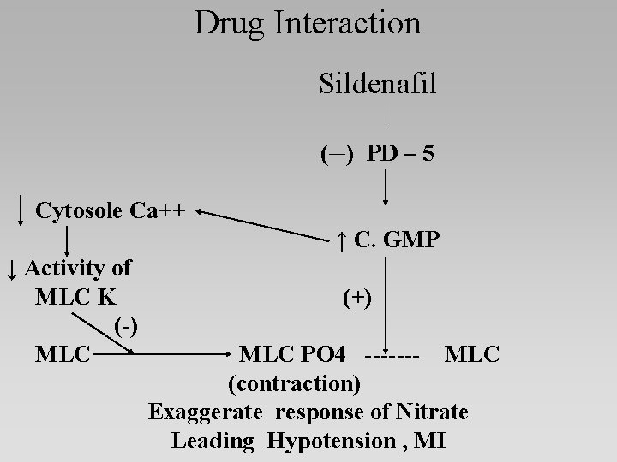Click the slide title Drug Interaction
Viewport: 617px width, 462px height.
[308, 23]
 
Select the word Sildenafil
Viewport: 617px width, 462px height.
[377, 85]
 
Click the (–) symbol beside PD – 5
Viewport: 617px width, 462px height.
[335, 155]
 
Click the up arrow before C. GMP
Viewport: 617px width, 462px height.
[341, 241]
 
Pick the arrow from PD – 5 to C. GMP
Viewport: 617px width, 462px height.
[387, 187]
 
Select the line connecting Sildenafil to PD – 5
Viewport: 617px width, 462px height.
[387, 115]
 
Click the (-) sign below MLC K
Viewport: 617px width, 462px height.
[127, 325]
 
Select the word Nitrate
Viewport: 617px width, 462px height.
[433, 412]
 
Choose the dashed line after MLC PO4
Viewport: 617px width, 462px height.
[392, 353]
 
